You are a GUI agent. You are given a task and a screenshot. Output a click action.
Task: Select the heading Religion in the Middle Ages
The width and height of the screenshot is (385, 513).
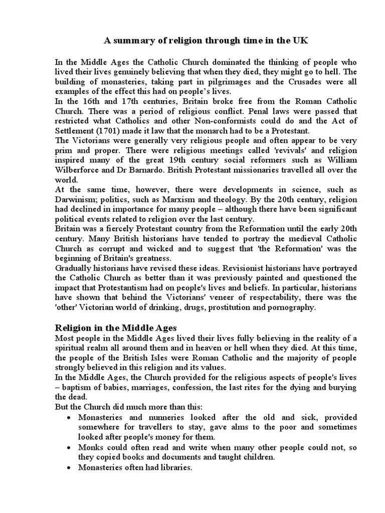[115, 328]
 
